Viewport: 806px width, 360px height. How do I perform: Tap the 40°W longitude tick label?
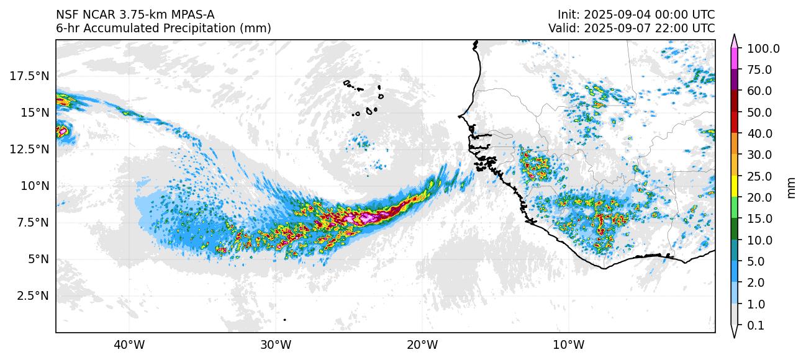pos(129,344)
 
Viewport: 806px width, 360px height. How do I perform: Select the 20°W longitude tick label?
pos(422,344)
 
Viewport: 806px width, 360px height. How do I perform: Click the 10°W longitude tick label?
pos(568,344)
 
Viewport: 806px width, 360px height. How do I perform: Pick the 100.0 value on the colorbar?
pos(763,48)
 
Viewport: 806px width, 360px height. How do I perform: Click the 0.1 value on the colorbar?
pos(755,325)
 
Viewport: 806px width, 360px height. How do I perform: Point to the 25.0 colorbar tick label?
pos(759,176)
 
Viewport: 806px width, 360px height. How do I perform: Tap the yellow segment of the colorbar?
pos(735,186)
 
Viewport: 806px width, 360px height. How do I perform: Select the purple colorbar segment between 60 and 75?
pos(735,80)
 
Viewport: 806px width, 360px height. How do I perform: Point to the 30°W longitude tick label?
pos(276,344)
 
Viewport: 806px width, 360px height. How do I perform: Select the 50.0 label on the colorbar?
pos(759,112)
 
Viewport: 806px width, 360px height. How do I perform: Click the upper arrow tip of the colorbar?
pos(735,37)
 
